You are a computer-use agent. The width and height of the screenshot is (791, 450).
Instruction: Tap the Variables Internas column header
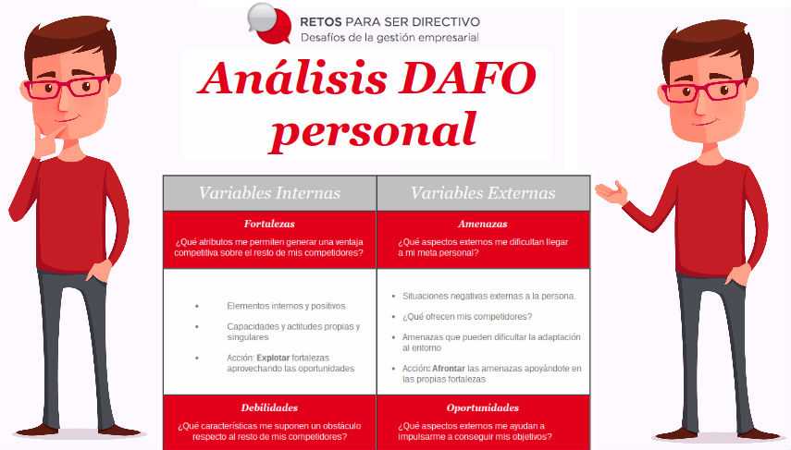point(269,193)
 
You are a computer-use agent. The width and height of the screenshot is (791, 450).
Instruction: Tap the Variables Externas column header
point(483,193)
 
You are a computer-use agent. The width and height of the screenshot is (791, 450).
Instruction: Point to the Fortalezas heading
point(269,224)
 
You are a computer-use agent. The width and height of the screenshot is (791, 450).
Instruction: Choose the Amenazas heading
point(483,224)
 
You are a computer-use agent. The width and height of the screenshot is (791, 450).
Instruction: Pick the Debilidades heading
point(269,407)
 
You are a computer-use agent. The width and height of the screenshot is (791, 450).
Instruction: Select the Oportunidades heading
point(483,407)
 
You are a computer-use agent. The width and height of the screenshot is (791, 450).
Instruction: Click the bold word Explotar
point(272,358)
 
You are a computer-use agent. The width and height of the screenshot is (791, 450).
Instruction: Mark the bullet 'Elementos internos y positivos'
point(285,306)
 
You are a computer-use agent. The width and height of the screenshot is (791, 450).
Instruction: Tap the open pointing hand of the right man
point(612,193)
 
